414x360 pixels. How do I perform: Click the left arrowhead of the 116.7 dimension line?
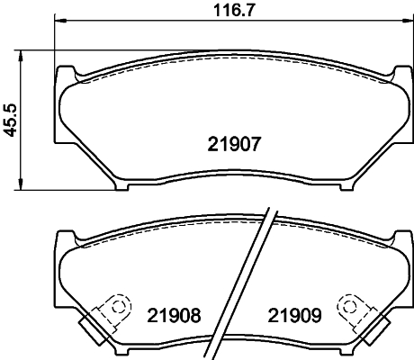59,21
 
